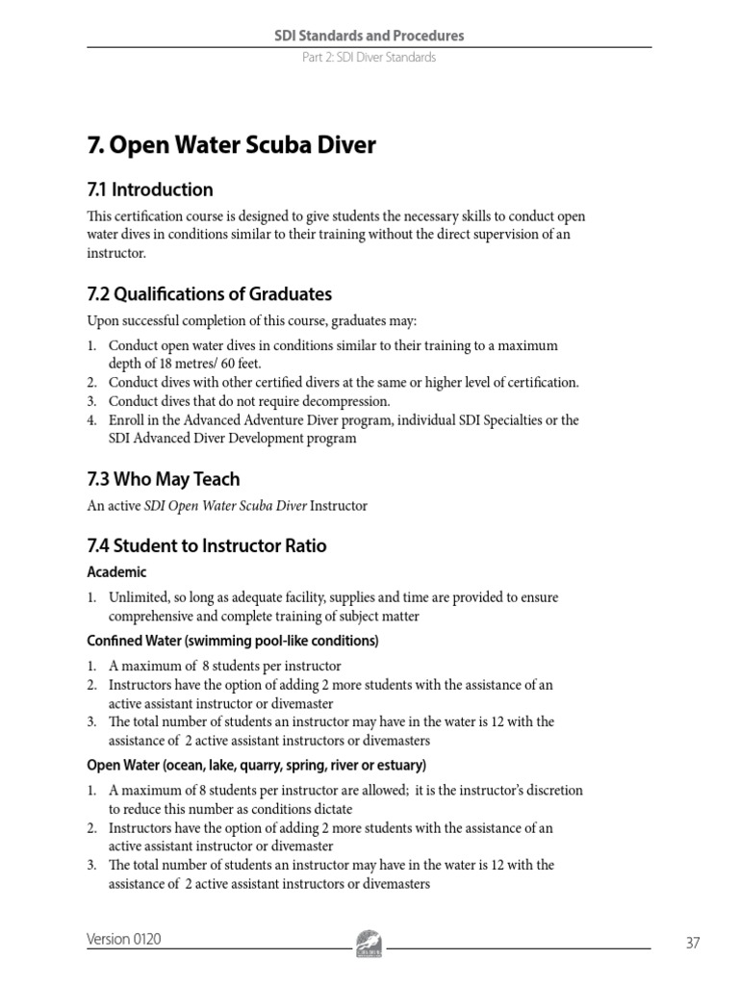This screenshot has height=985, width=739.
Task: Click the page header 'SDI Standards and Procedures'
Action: click(x=369, y=36)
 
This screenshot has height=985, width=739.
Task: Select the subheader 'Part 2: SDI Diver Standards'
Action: click(x=369, y=58)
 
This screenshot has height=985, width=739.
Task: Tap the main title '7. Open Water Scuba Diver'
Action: click(x=231, y=145)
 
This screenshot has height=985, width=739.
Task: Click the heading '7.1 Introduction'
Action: click(x=150, y=189)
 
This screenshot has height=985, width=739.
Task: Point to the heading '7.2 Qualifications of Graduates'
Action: click(x=209, y=294)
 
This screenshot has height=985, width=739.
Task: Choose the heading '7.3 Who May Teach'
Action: click(x=164, y=479)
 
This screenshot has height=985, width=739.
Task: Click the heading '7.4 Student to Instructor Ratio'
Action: click(x=207, y=546)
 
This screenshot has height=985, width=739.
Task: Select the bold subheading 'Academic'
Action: click(x=116, y=572)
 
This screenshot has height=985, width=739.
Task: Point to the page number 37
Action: click(x=693, y=944)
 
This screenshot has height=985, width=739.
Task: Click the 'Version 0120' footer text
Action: click(x=124, y=940)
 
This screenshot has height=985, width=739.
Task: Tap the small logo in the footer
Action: click(x=369, y=940)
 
